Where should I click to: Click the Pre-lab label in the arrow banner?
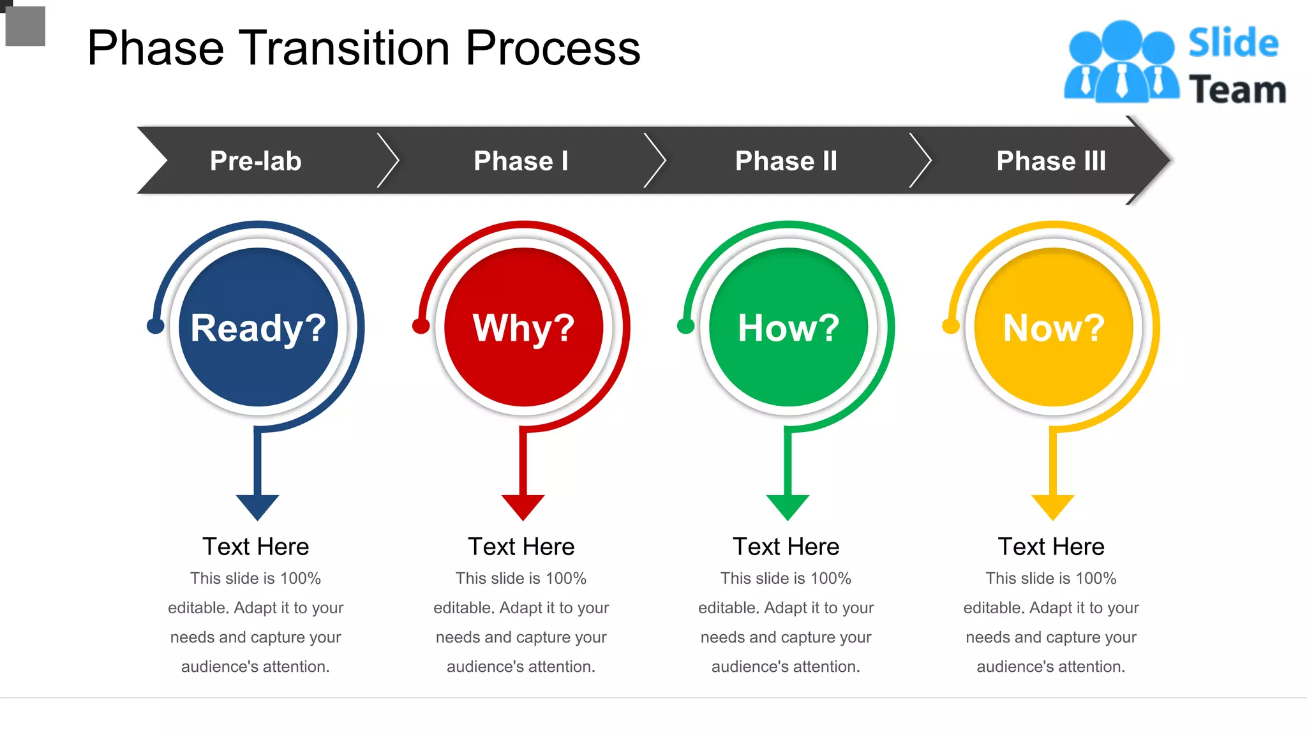(x=255, y=161)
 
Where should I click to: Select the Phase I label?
(x=521, y=161)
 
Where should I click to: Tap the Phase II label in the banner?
(x=786, y=161)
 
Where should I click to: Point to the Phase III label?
(x=1051, y=161)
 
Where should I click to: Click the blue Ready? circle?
(x=258, y=327)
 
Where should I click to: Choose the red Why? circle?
(x=523, y=327)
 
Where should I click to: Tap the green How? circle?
(x=788, y=327)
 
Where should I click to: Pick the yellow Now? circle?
(x=1054, y=327)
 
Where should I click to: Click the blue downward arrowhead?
(x=257, y=506)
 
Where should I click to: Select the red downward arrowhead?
(x=523, y=506)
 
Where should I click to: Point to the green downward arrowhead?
(x=788, y=506)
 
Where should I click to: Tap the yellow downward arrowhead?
(x=1053, y=506)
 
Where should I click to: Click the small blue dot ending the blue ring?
(x=155, y=326)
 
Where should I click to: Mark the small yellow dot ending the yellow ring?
(x=950, y=326)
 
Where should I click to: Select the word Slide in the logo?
(x=1233, y=43)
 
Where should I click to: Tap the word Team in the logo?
(x=1237, y=89)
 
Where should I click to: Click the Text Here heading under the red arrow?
(x=521, y=547)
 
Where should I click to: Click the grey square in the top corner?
(x=26, y=26)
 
